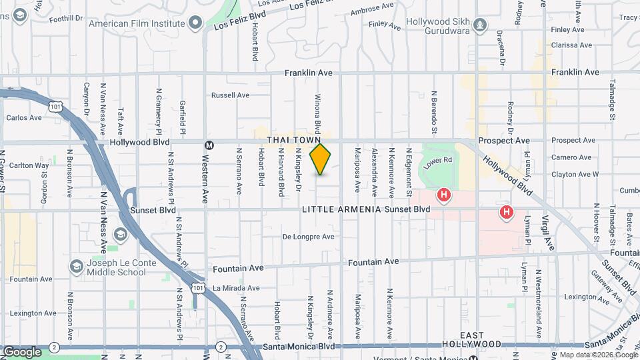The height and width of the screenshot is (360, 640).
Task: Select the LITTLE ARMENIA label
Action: point(341,209)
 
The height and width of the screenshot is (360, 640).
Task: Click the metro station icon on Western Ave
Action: point(209,145)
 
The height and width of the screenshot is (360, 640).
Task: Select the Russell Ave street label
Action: point(230,95)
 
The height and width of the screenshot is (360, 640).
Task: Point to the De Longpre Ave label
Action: point(308,237)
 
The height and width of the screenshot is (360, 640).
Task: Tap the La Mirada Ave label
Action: point(237,288)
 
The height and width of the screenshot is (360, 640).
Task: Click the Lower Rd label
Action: point(439,161)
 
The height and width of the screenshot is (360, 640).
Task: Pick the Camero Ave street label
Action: point(571,158)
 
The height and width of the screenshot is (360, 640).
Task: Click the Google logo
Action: point(22,351)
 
